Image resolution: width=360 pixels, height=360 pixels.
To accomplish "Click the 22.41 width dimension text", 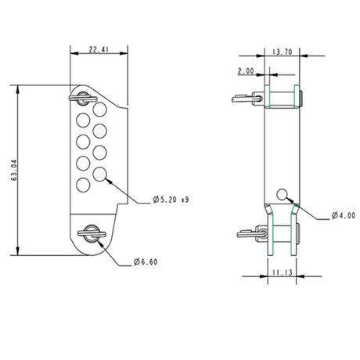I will tap(97, 50).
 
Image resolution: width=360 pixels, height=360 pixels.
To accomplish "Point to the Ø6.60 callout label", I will tap(146, 261).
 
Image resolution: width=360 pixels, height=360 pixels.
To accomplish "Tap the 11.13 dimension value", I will tap(283, 272).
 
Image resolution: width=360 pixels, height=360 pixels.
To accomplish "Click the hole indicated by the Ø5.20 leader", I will tap(100, 173).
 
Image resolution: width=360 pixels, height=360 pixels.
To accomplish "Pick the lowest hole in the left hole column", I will tap(82, 185).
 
